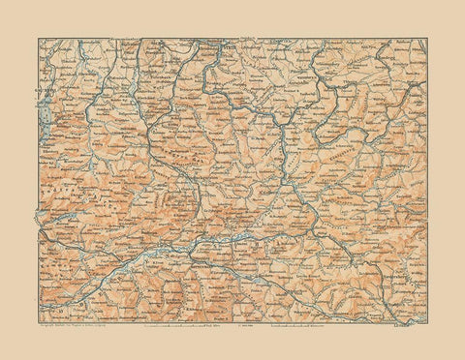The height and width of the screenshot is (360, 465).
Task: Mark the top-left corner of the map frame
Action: (x=38, y=39)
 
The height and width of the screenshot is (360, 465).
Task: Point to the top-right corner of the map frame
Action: (x=428, y=39)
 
